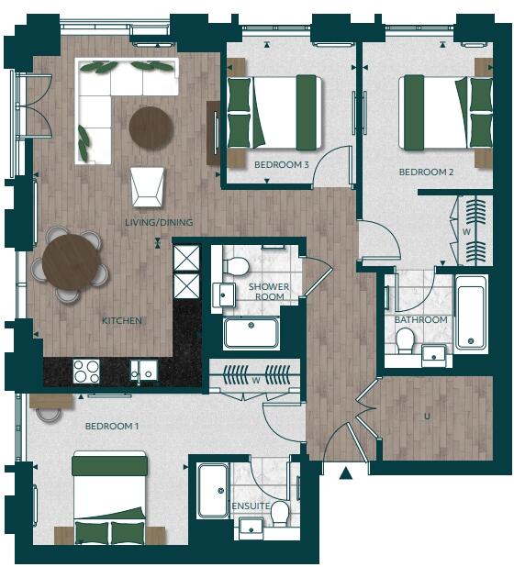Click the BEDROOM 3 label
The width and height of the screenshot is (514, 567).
(281, 164)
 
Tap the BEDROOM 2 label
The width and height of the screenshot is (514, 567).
(426, 172)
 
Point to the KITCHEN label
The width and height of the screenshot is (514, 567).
(121, 320)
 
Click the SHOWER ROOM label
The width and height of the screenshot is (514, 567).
(269, 292)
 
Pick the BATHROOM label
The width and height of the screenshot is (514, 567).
(421, 319)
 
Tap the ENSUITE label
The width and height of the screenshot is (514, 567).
(251, 506)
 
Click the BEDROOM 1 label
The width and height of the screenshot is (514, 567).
(111, 427)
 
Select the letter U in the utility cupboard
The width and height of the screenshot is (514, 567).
(426, 417)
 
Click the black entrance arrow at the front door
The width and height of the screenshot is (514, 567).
(346, 473)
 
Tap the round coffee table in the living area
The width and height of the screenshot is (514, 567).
(151, 128)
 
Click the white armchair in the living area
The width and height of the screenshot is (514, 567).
(146, 186)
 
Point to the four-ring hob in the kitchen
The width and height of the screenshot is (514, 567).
(86, 371)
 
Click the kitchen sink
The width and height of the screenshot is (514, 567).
(143, 370)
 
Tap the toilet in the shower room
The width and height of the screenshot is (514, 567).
(236, 267)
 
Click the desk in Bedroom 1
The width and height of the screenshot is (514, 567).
(51, 401)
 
